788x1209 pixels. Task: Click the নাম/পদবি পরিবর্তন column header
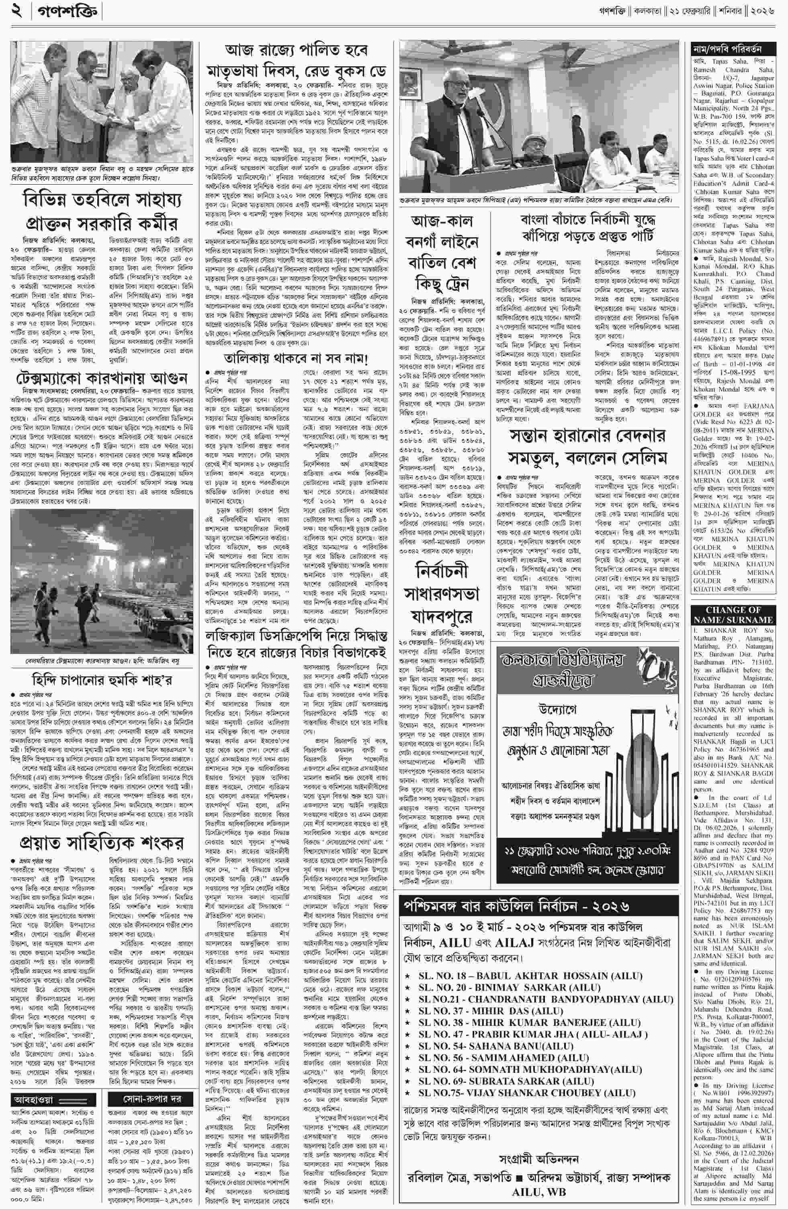coord(733,49)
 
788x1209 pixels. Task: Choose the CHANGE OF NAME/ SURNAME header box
coord(733,615)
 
